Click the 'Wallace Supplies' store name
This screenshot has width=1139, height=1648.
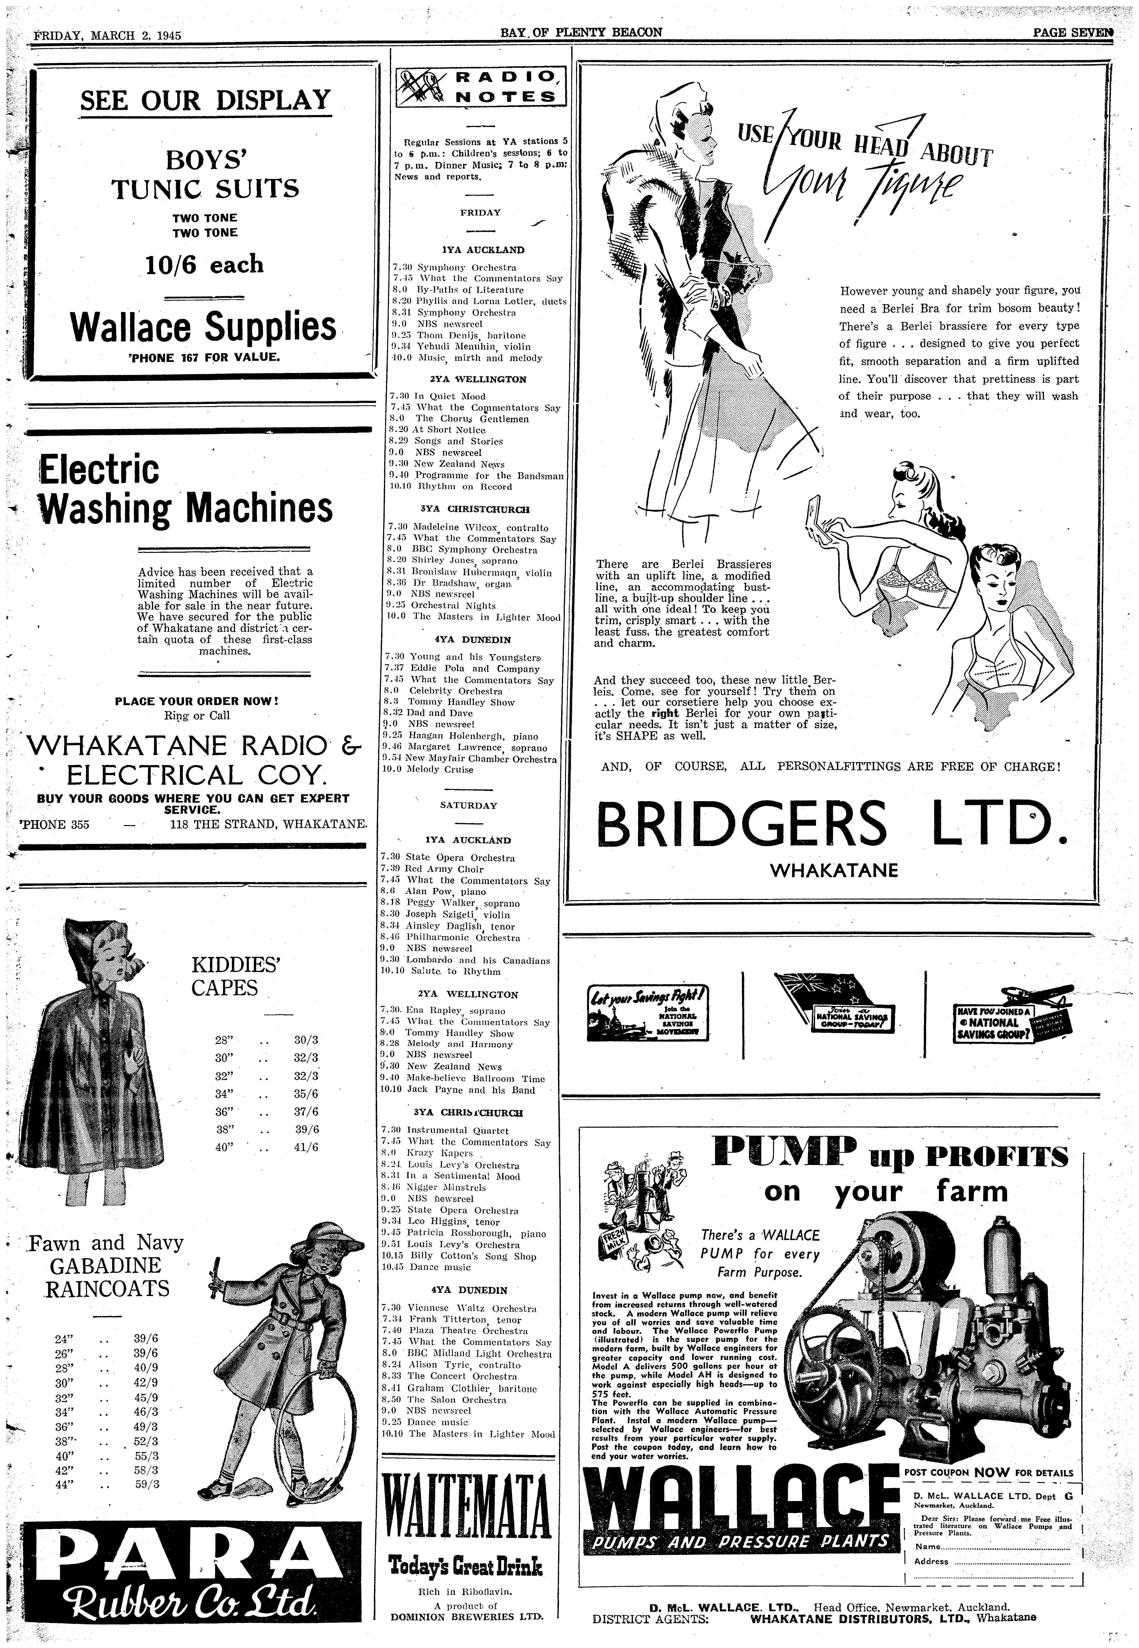click(x=203, y=327)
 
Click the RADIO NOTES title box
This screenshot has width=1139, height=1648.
click(x=480, y=86)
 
